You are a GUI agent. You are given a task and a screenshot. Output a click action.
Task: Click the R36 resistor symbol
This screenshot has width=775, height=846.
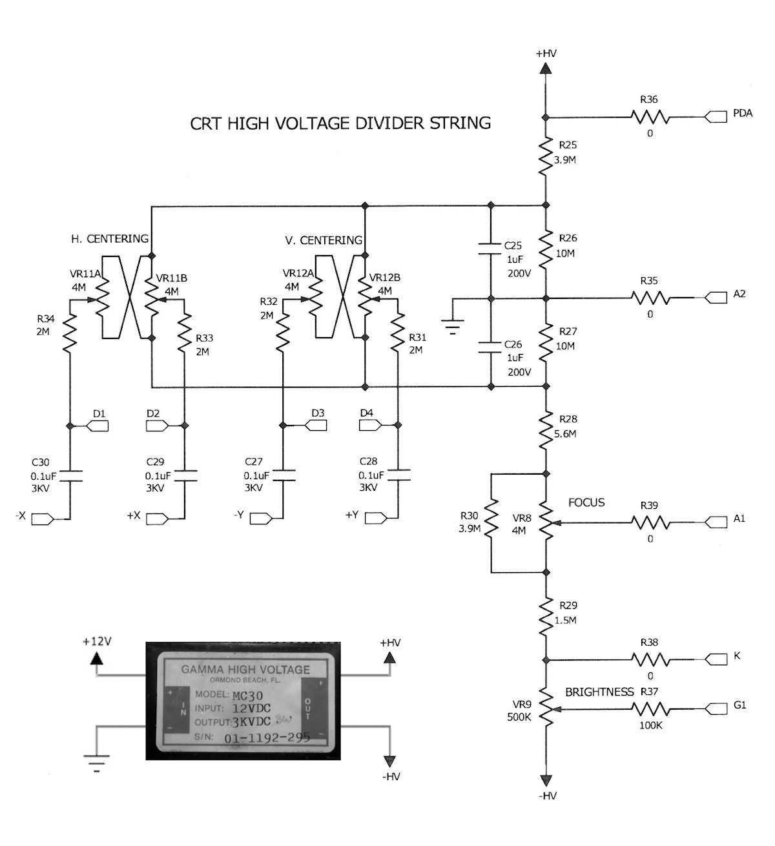point(650,117)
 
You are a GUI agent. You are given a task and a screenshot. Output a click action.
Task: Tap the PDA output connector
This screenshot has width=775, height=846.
point(716,117)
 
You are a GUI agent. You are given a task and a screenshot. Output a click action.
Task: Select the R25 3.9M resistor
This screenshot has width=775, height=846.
point(546,156)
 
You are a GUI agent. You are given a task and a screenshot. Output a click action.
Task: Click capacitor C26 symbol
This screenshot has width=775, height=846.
point(490,347)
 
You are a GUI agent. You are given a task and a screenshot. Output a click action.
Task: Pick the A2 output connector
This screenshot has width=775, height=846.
point(716,298)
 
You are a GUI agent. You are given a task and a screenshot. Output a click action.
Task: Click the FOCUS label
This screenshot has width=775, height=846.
point(586,502)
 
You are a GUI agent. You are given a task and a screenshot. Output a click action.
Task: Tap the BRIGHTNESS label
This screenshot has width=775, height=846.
point(599,692)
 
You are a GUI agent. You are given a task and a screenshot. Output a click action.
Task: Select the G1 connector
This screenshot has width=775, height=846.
point(716,709)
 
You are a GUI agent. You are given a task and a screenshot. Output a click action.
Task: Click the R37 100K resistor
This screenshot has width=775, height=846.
point(650,709)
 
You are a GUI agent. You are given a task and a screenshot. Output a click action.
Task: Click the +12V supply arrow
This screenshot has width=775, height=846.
point(97,657)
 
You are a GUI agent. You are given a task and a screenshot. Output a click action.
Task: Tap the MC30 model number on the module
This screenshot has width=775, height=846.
point(247,696)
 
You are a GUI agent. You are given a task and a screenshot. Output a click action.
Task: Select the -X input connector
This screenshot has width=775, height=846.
point(43,519)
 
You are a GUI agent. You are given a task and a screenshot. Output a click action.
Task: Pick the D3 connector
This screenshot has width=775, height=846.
point(315,426)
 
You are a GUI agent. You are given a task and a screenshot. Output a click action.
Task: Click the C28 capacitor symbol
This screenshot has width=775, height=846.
point(397,475)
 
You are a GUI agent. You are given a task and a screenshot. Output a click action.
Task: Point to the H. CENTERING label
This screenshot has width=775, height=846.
point(110,239)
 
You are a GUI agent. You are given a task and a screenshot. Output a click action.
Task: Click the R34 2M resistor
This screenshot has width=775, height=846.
point(70,333)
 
